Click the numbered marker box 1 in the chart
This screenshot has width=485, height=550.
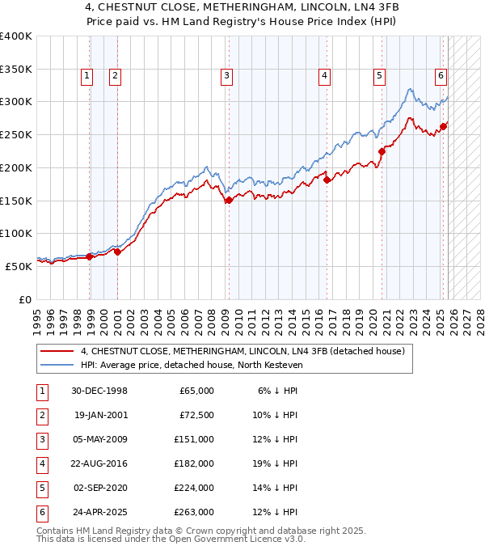pyautogui.click(x=86, y=76)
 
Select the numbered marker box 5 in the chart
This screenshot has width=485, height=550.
pyautogui.click(x=379, y=76)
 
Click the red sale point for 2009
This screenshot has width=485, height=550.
pyautogui.click(x=229, y=201)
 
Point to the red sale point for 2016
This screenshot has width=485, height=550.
pyautogui.click(x=327, y=180)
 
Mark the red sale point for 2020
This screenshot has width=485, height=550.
pyautogui.click(x=382, y=151)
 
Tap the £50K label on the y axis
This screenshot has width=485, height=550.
pyautogui.click(x=19, y=265)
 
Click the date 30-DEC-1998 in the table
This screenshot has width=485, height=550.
pyautogui.click(x=99, y=391)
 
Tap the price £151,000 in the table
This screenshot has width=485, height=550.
pyautogui.click(x=196, y=439)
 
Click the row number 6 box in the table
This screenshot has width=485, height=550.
pyautogui.click(x=41, y=512)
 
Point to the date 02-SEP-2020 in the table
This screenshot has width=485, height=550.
pyautogui.click(x=99, y=488)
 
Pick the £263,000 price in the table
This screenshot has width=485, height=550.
pyautogui.click(x=196, y=512)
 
